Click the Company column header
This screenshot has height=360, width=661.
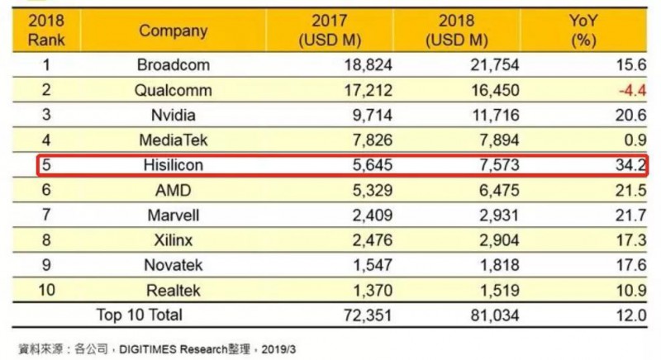[x=174, y=31]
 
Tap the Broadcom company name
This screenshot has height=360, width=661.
[x=174, y=65]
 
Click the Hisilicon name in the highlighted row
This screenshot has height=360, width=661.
[x=174, y=165]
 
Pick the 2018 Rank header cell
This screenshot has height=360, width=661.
[x=47, y=31]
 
